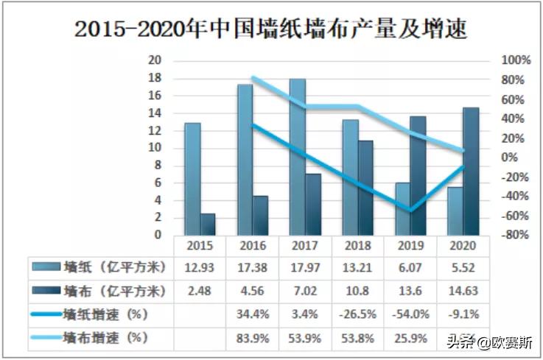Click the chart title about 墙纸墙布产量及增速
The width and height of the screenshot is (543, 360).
pos(271,29)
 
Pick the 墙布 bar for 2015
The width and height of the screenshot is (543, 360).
pos(208,225)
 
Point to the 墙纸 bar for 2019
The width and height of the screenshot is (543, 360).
pos(402,209)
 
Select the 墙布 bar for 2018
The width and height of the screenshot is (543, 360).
pos(365,188)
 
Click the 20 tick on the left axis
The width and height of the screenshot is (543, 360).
pos(155,60)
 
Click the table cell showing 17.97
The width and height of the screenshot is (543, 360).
pos(305,266)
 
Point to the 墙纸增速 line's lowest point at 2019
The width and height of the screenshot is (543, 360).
pos(410,211)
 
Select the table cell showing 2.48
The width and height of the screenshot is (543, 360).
pos(199,290)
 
